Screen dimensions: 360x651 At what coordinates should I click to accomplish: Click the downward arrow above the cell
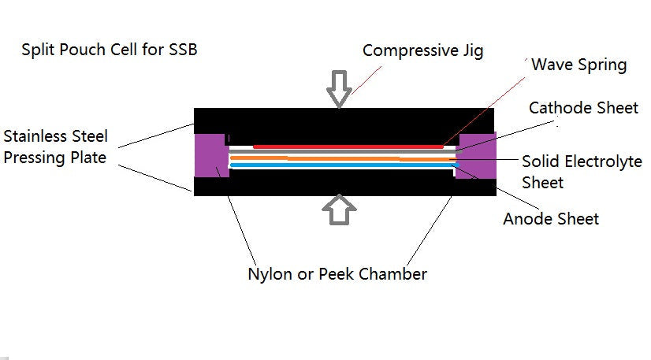point(340,88)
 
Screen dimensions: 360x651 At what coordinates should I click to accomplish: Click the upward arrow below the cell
point(340,211)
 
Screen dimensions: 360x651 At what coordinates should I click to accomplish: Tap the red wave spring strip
point(347,147)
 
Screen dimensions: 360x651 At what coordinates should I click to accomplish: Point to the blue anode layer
point(347,165)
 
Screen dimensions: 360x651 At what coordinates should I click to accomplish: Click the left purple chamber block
point(211,154)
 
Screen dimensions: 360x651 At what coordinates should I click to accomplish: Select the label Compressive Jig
point(422,50)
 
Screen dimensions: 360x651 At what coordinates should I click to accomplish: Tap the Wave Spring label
point(578,65)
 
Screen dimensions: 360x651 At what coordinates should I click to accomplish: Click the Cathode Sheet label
point(583,107)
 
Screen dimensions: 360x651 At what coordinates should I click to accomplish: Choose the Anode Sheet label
point(551,219)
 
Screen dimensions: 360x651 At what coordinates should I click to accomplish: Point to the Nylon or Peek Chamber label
point(337,274)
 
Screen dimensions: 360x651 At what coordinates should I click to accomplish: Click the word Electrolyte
point(604,162)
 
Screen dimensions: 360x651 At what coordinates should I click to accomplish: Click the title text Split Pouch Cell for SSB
point(110,51)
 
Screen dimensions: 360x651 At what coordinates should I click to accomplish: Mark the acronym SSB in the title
point(181,51)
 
